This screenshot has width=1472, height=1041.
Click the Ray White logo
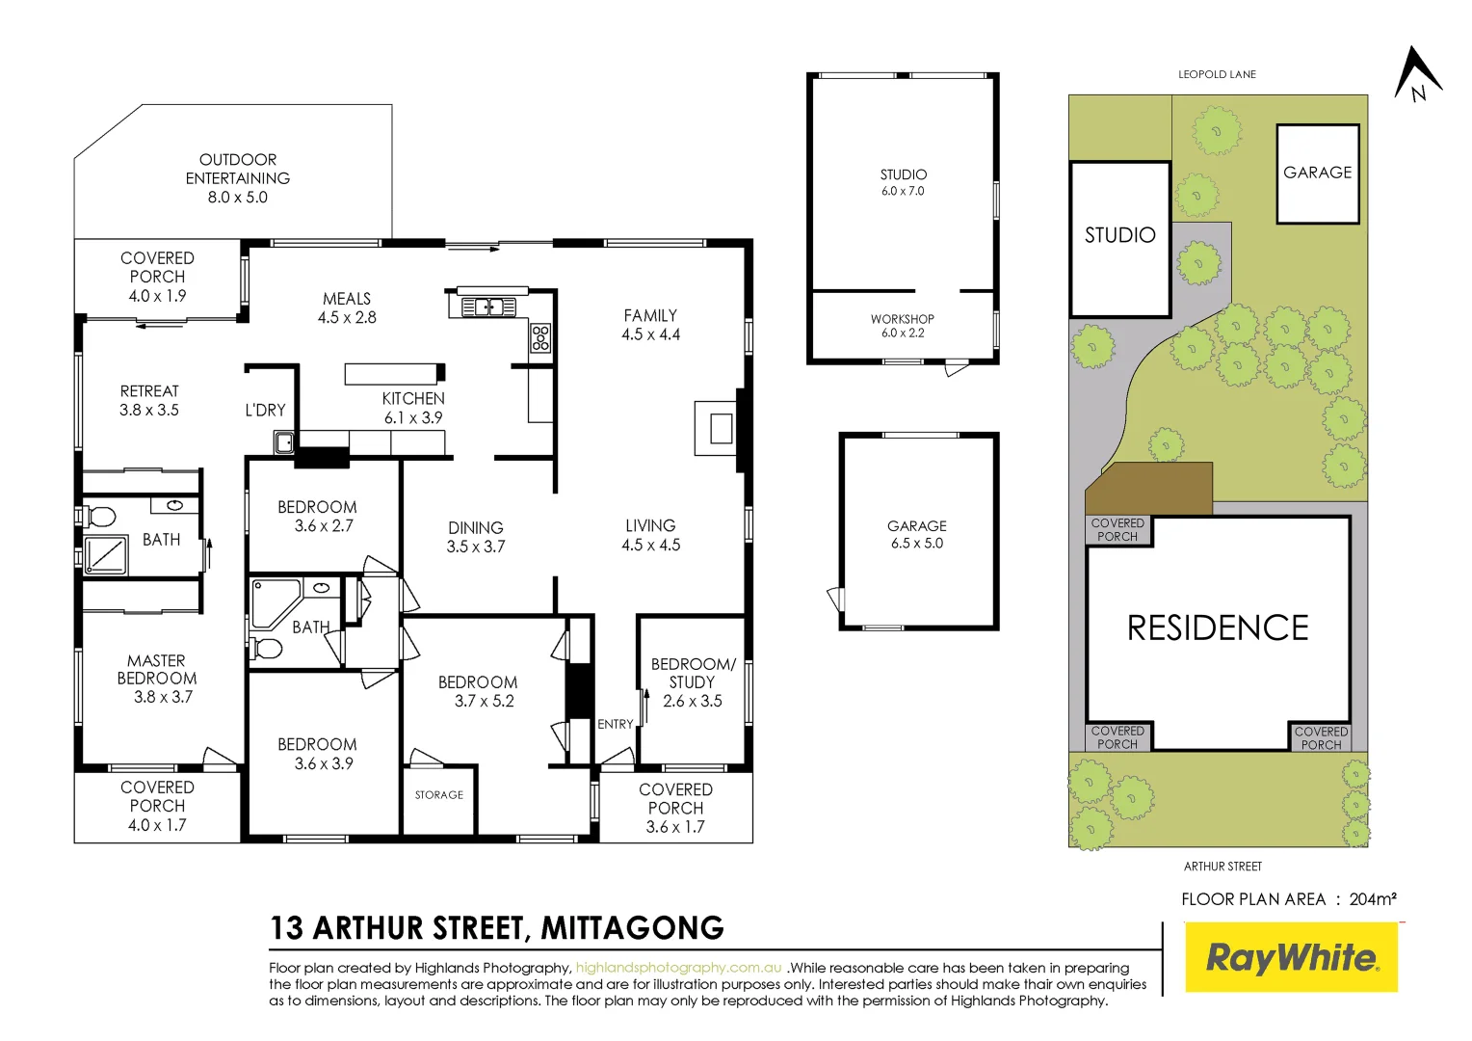pos(1291,957)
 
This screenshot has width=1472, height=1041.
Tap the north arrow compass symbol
pos(1417,74)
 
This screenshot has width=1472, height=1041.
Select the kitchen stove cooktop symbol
pos(540,337)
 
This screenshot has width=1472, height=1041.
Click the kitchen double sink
pos(488,307)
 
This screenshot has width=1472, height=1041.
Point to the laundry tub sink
pos(284,443)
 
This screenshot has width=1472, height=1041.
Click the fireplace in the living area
pos(720,427)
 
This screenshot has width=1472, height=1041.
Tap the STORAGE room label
pos(438,795)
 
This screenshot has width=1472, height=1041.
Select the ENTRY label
pos(615,724)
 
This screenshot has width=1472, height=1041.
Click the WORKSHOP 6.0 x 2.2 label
pos(902,326)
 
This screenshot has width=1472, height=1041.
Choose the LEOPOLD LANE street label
pos(1217,74)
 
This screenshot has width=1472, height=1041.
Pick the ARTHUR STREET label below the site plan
pos(1222,867)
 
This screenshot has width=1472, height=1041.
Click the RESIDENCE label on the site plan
pos(1218,628)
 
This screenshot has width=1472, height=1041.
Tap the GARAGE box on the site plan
pos(1317,173)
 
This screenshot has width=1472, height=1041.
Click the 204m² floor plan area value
pos(1373,899)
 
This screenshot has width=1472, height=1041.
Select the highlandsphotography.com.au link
pos(678,968)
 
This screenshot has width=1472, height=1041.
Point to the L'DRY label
pos(265,410)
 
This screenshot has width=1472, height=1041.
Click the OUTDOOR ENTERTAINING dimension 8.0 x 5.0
pos(238,198)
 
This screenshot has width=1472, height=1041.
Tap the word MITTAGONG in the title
pos(632,928)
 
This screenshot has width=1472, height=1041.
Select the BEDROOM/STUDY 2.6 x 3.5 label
pos(693,682)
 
